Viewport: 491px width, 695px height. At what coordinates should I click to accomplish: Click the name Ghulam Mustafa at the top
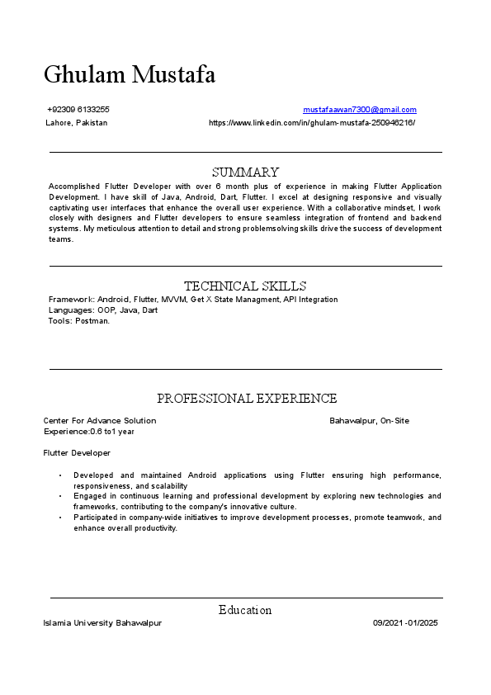tap(130, 75)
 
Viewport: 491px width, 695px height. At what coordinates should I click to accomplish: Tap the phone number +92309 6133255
tap(78, 110)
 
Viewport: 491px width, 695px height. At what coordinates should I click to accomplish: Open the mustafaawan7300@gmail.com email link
tap(360, 110)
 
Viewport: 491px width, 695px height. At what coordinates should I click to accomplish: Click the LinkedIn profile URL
tap(312, 123)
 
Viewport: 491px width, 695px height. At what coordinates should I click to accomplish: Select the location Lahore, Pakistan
tap(77, 123)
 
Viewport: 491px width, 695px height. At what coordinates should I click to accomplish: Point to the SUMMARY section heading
tap(245, 173)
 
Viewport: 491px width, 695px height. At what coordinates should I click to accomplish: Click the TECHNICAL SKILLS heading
tap(245, 286)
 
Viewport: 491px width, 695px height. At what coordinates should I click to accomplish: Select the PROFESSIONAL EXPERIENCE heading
tap(247, 399)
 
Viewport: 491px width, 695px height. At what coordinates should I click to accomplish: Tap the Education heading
tap(245, 610)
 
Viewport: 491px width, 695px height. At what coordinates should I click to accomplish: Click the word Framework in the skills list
tap(71, 300)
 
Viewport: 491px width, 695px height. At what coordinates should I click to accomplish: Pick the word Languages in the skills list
tap(70, 310)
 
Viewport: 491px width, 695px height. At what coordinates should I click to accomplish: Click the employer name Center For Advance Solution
tap(100, 421)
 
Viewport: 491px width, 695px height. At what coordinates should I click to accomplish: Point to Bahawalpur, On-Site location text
tap(369, 421)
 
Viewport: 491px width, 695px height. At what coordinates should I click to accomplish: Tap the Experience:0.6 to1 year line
tap(89, 432)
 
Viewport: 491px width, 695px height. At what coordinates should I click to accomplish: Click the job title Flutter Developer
tap(77, 453)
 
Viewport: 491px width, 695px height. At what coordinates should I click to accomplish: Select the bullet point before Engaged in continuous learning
tap(60, 497)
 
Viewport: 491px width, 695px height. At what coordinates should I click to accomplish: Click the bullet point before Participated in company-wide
tap(60, 518)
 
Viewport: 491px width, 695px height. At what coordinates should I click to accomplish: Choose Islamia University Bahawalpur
tap(102, 623)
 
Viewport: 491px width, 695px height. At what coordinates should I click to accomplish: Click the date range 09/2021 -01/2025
tap(404, 623)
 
